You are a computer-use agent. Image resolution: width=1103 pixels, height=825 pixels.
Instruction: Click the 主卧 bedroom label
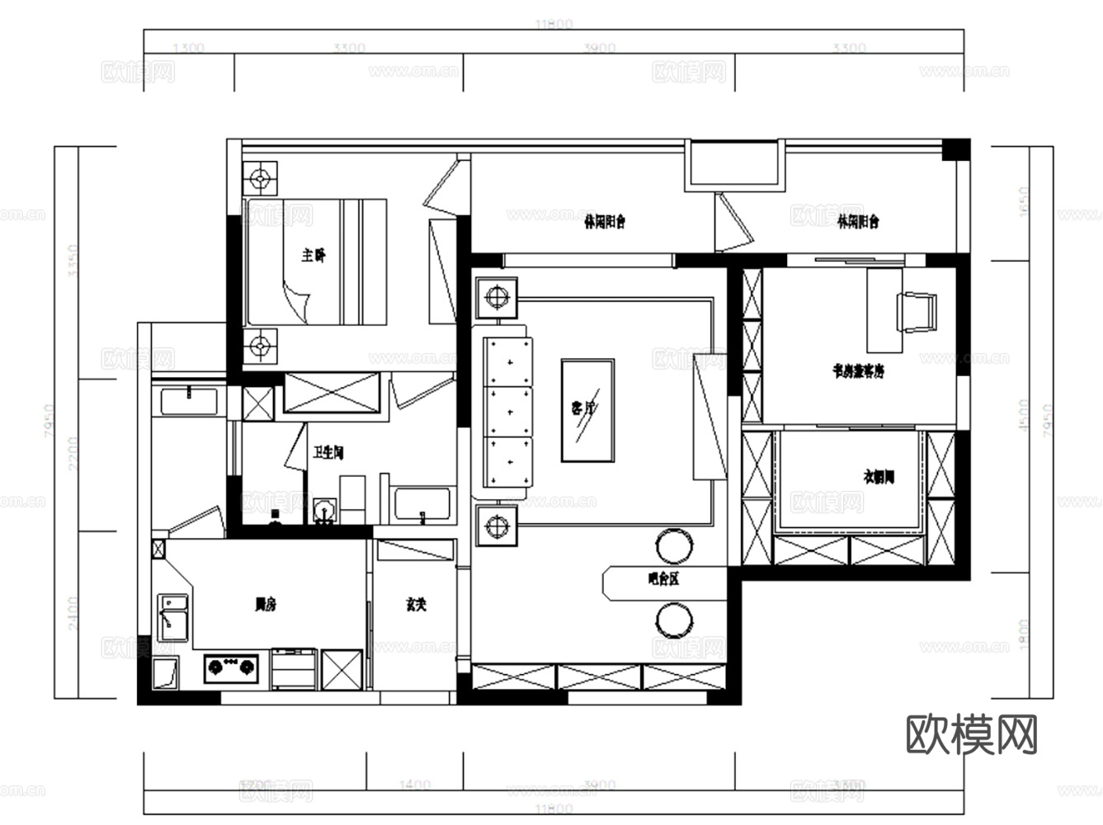click(x=313, y=256)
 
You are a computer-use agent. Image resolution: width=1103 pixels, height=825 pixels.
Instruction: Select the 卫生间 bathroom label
click(x=328, y=453)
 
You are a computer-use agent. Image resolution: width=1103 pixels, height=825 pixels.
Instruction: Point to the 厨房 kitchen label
click(x=265, y=605)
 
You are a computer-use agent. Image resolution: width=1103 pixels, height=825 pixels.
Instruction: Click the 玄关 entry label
click(x=416, y=605)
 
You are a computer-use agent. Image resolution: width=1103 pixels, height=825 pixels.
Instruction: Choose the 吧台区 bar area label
click(x=663, y=579)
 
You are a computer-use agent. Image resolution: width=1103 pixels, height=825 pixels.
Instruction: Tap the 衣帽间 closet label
click(x=879, y=476)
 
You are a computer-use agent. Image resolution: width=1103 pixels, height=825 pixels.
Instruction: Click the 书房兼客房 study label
click(x=858, y=371)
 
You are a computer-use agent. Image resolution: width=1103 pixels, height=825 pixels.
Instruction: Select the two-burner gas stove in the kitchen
click(x=231, y=665)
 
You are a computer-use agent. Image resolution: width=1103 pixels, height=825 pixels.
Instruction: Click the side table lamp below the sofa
click(x=496, y=526)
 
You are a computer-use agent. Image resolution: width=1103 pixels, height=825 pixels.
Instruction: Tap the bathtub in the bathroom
click(x=422, y=506)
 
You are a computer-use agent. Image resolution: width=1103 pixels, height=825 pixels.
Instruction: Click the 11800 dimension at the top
click(x=554, y=25)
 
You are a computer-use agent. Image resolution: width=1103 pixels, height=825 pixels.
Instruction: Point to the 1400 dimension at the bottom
click(x=414, y=785)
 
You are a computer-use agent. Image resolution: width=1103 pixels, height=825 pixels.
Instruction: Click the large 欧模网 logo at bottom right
click(x=971, y=733)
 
